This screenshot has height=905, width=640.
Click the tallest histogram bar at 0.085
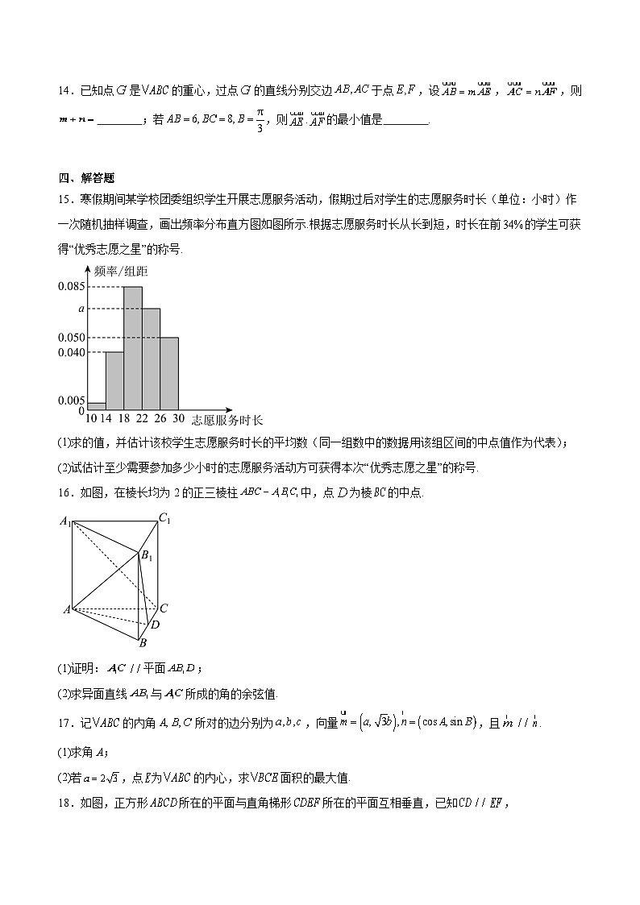pos(133,347)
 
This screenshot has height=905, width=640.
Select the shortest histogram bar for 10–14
pos(97,405)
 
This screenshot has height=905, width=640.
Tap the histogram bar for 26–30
pos(169,373)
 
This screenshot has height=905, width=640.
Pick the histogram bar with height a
pos(152,359)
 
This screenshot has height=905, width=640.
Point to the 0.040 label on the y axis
pos(71,352)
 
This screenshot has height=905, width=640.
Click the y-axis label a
pos(81,309)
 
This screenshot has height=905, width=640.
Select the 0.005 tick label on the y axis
pos(71,401)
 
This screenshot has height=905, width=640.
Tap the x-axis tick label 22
pos(142,419)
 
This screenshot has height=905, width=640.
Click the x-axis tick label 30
pos(178,419)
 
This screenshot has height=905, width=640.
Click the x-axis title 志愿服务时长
pos(227,420)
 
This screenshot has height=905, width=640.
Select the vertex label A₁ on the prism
pos(65,521)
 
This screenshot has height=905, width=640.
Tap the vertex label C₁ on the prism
pos(164,518)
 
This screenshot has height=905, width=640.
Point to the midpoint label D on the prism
pos(155,625)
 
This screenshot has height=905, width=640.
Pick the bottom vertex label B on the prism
pos(142,642)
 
